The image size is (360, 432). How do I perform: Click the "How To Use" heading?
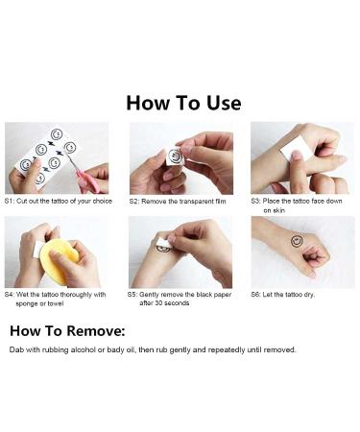(183, 103)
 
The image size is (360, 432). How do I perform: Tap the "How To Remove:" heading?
(67, 330)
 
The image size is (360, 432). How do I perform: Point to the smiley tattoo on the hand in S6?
(297, 241)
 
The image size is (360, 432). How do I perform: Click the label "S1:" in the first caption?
(9, 201)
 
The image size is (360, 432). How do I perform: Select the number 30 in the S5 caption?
(158, 302)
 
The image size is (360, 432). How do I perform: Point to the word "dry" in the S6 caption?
(309, 295)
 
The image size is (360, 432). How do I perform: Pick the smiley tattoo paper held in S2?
(175, 156)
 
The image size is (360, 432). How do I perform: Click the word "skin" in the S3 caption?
(278, 210)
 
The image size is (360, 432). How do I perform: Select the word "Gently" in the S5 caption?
(149, 295)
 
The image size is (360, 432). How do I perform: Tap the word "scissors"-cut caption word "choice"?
(103, 201)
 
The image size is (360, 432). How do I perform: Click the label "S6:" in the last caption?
(256, 295)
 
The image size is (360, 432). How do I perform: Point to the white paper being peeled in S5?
(164, 243)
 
